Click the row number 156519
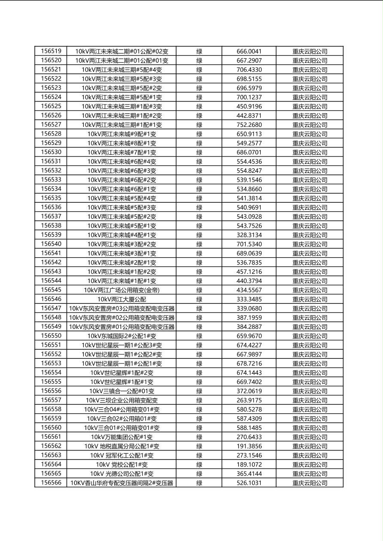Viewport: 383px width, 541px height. tap(51, 51)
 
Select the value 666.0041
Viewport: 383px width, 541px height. tap(249, 51)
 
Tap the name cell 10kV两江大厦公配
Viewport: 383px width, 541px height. tap(122, 299)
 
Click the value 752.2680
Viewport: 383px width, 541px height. tap(249, 125)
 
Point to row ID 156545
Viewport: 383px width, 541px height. tap(51, 290)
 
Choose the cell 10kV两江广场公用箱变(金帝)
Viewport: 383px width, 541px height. tap(122, 290)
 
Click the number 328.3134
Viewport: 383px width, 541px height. tap(249, 235)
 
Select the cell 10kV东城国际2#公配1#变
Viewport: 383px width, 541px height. tap(122, 336)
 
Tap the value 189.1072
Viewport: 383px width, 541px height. tap(249, 464)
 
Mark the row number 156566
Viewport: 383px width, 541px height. tap(51, 483)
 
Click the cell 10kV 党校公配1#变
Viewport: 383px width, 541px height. tap(122, 464)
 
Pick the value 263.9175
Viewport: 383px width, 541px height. tap(249, 400)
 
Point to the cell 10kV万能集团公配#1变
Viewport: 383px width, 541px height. tap(122, 437)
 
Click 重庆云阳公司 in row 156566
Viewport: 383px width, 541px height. tap(310, 483)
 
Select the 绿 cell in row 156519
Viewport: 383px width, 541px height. tap(199, 51)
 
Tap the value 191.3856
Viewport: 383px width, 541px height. tap(249, 446)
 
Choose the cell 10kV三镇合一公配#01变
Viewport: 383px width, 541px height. tap(122, 391)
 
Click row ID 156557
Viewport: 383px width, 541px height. tap(51, 400)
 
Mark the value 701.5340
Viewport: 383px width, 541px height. tap(249, 244)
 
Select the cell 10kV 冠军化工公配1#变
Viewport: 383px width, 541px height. tap(122, 455)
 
